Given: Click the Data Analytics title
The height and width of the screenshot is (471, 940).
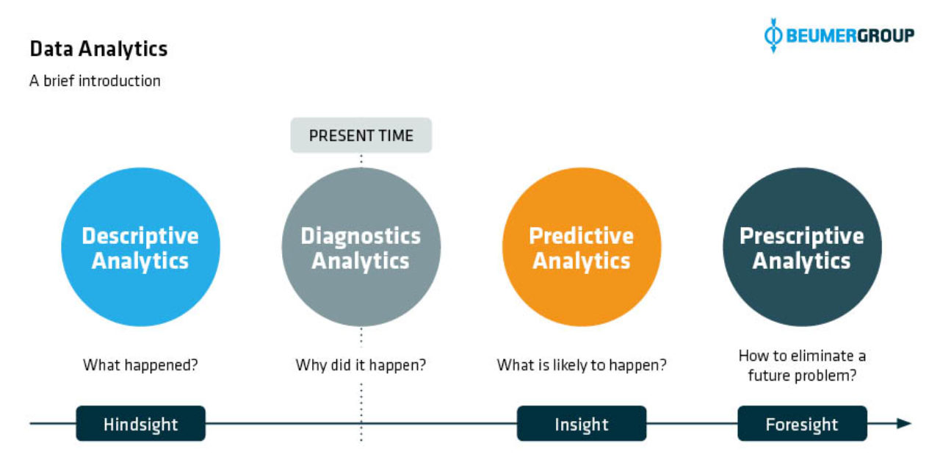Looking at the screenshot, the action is [98, 49].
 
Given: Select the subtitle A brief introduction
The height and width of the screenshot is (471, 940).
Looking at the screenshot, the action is [95, 81].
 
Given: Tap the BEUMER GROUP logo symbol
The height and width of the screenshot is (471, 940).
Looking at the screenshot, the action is [773, 35].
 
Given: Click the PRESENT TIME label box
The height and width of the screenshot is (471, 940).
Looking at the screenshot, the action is [361, 135].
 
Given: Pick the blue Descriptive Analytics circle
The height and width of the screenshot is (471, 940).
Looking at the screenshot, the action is [140, 247].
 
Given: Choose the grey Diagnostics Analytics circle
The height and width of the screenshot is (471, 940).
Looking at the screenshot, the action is [361, 247].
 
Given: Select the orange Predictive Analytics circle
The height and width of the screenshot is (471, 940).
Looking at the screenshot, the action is [582, 247].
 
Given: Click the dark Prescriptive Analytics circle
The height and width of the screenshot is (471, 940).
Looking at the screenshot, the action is [802, 247].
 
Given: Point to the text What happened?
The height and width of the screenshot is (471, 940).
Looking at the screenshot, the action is [140, 365].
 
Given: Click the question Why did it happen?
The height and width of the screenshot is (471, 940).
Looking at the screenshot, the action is [361, 365].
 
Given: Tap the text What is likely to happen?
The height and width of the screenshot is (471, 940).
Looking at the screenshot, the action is [582, 365].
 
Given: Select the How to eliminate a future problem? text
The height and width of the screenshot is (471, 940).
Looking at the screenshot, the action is [802, 366].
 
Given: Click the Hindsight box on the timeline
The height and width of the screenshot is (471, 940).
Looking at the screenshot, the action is [140, 423].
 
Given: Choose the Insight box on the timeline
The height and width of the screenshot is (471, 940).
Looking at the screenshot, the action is [582, 423].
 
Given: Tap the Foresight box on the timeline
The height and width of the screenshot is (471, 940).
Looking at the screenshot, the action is [802, 423].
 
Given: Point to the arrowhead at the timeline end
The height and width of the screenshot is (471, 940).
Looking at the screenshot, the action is [904, 423].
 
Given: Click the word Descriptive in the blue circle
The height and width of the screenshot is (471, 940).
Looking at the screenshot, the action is [140, 237].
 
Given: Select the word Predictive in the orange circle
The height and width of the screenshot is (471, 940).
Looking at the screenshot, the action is [581, 236].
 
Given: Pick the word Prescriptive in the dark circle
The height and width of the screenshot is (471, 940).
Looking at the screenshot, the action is [802, 237].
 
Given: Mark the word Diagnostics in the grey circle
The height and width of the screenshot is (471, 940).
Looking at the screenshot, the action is [361, 237].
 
